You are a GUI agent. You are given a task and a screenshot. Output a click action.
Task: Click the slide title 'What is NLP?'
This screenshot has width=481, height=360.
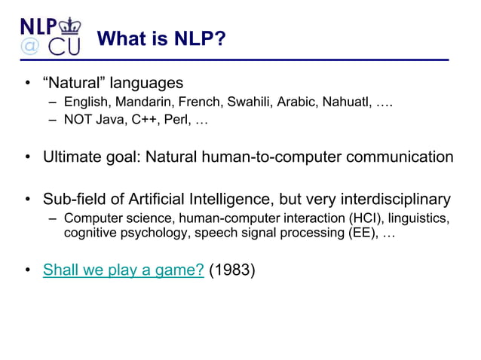click(x=162, y=38)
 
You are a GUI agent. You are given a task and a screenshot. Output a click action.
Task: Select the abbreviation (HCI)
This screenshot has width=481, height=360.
click(x=365, y=219)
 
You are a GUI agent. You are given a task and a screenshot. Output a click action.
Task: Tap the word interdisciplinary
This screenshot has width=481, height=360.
click(x=390, y=200)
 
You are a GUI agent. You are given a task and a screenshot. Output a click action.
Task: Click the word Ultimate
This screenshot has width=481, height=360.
click(x=72, y=158)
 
